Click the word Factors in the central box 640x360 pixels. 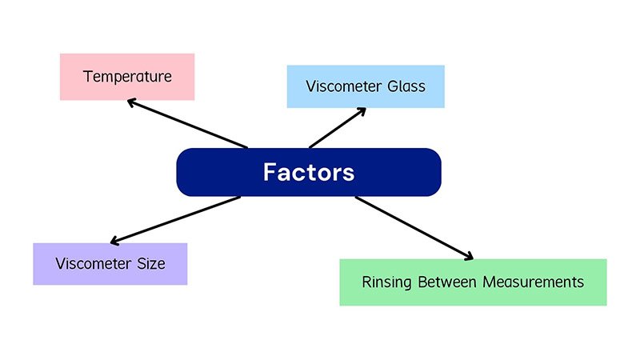point(308,172)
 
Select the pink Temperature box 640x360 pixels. point(127,77)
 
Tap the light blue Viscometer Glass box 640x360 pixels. point(366,86)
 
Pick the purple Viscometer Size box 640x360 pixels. point(110,264)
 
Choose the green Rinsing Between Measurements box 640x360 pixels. point(473,282)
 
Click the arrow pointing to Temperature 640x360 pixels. point(188,124)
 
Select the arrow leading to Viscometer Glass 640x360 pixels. point(337,129)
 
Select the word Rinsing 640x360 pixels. point(388,282)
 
